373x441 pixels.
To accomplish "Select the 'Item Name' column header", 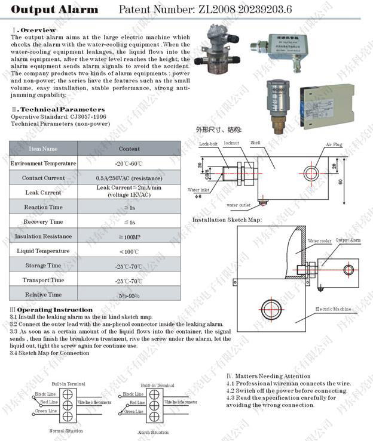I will [44, 149].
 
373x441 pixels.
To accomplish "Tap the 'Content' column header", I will [129, 149].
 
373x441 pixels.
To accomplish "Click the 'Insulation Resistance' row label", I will [44, 236].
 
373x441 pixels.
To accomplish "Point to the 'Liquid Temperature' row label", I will [44, 251].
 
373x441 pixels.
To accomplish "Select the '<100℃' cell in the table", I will [129, 251].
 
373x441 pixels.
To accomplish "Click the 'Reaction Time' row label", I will [44, 207].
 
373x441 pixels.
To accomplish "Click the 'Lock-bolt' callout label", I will [209, 144].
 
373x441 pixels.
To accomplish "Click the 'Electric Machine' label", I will [334, 309].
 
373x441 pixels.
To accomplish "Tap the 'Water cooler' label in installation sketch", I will [319, 241].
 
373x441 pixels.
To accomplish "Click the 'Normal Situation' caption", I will [66, 430].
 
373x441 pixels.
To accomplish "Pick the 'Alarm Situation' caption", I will [153, 432].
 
